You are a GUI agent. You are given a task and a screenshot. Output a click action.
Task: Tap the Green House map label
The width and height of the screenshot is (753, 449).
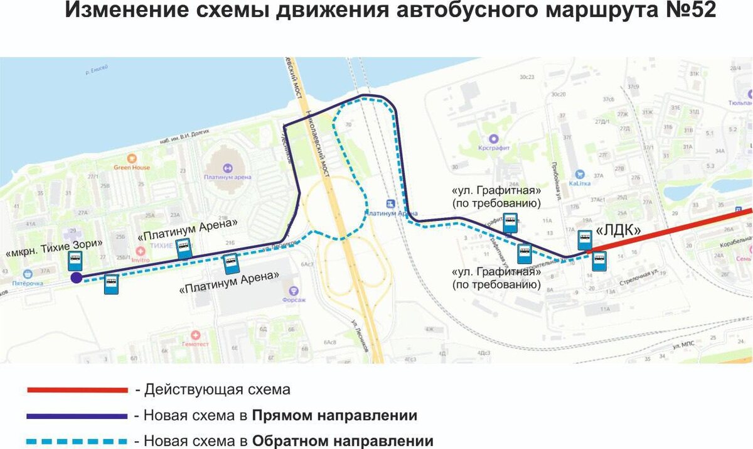pyautogui.click(x=132, y=167)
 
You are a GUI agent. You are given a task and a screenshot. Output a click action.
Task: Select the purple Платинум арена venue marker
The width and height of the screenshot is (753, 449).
pyautogui.click(x=227, y=168)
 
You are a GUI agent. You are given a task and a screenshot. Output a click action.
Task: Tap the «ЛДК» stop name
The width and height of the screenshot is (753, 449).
pyautogui.click(x=618, y=230)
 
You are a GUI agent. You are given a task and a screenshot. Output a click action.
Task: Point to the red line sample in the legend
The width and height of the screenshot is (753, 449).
pyautogui.click(x=77, y=390)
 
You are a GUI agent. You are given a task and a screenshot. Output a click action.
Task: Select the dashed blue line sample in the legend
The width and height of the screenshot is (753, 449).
pyautogui.click(x=77, y=441)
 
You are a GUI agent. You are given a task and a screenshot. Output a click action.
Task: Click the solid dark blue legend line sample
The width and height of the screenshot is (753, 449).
pyautogui.click(x=77, y=416)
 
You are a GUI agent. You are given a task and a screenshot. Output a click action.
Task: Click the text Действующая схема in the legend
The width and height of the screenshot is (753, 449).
pyautogui.click(x=217, y=390)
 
